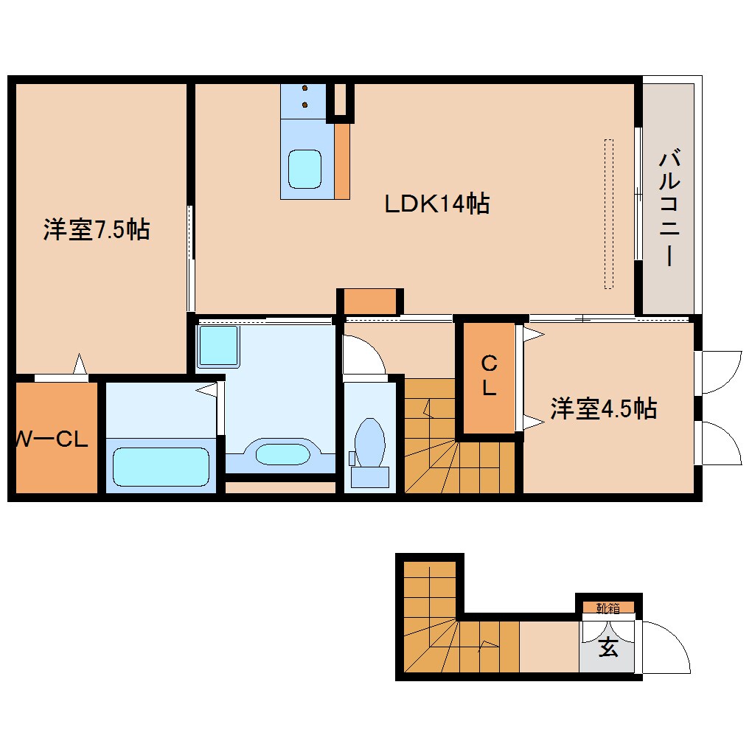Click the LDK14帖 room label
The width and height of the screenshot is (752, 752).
[437, 203]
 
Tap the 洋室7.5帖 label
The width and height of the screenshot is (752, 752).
[96, 230]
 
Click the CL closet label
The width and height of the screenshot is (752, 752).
[489, 376]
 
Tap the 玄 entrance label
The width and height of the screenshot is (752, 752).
[607, 648]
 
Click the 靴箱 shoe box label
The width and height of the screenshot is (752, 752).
[608, 608]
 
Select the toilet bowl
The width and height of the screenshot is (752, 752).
[370, 445]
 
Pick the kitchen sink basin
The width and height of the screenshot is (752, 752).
[304, 169]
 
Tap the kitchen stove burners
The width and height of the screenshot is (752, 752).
[304, 96]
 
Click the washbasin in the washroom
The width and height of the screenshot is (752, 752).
[282, 453]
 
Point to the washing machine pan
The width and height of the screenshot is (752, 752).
[218, 346]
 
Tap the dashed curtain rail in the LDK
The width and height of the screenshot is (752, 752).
[608, 214]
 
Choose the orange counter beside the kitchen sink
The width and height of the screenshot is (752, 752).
[342, 161]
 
